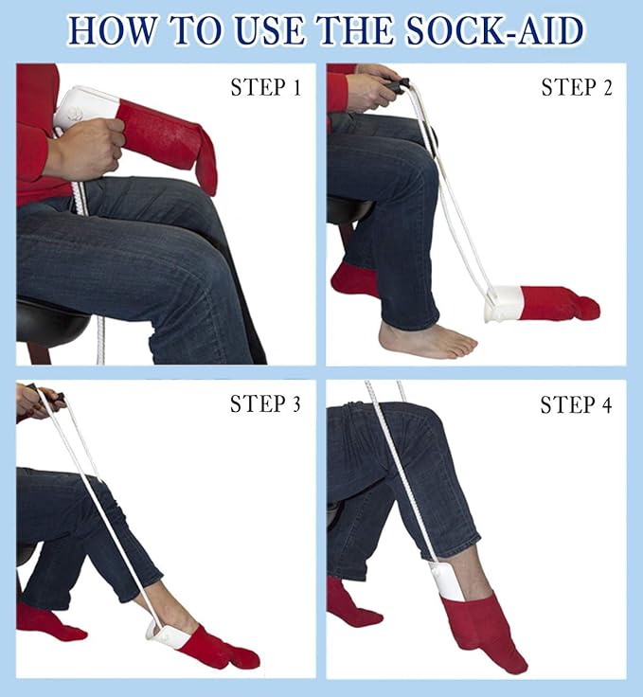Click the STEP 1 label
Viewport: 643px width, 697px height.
pyautogui.click(x=266, y=89)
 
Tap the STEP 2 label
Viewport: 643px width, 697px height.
pyautogui.click(x=577, y=89)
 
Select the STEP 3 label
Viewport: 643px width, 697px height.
pyautogui.click(x=266, y=404)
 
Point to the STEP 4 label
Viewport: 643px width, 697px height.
pyautogui.click(x=577, y=405)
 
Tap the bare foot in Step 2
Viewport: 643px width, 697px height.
pyautogui.click(x=426, y=339)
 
